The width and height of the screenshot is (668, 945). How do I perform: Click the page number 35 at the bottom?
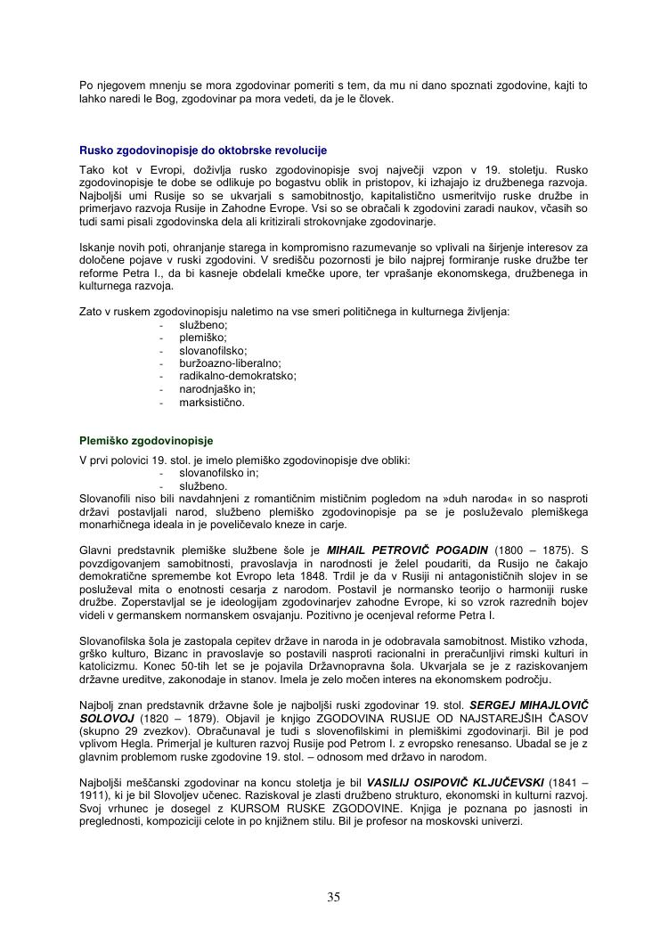coord(334,897)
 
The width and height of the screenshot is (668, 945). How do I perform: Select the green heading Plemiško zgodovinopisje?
coord(146,441)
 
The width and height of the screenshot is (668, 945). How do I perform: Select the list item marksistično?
coord(211,403)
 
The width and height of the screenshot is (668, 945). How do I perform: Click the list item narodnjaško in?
coord(217,389)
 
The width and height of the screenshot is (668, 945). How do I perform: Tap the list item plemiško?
coord(203,338)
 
